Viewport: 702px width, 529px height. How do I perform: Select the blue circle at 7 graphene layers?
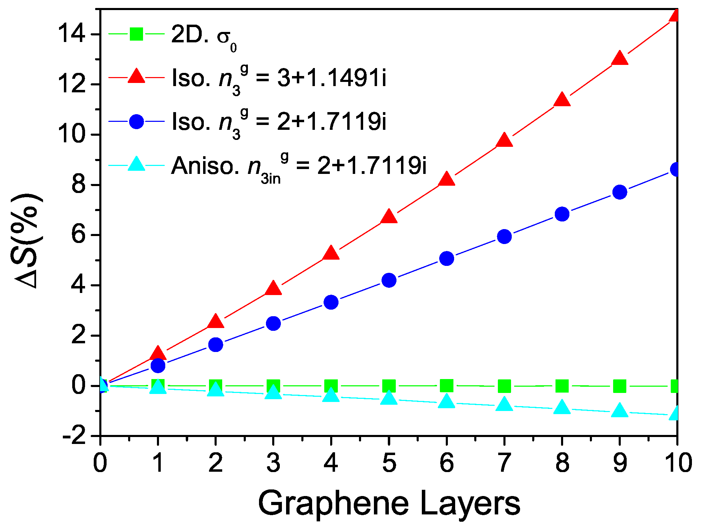coord(504,236)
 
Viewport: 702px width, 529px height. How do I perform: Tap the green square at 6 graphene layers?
coord(446,385)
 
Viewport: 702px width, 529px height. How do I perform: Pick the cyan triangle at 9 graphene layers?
coord(620,411)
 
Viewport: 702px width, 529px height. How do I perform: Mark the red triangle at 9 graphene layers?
coord(620,58)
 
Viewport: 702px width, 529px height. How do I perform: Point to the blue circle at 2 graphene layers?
coord(216,344)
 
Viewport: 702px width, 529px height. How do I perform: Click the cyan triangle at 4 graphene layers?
coord(331,395)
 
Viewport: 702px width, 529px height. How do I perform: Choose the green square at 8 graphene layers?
coord(562,386)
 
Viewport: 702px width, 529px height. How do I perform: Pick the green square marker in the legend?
coord(136,34)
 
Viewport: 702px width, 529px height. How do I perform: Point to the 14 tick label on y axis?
coord(71,34)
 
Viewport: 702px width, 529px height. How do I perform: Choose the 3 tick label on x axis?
coord(273,463)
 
